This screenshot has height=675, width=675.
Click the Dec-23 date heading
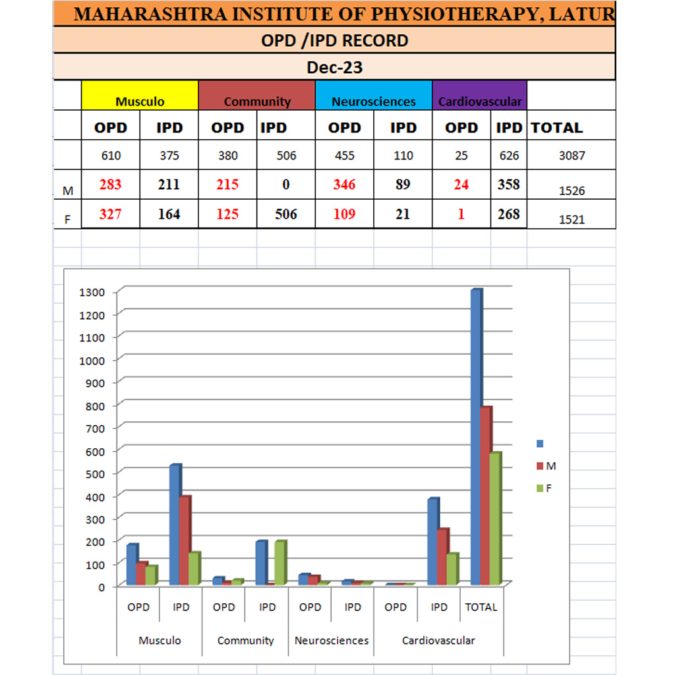tap(334, 67)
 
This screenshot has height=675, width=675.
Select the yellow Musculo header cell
tap(140, 102)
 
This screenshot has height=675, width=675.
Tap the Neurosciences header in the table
tap(374, 102)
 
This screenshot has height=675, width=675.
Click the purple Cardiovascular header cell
tap(480, 102)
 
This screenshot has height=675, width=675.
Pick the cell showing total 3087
tap(571, 156)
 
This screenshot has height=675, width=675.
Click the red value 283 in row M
tap(110, 185)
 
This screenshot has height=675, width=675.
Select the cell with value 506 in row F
tap(285, 214)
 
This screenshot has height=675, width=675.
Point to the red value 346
tap(344, 185)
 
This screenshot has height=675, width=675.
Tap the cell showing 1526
tap(572, 191)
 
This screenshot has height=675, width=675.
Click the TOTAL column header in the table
tap(557, 128)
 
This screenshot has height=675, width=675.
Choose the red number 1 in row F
tap(461, 214)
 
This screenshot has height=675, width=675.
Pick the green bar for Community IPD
tap(279, 563)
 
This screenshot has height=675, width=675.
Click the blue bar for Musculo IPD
tap(175, 525)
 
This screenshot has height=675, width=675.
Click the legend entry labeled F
tap(548, 488)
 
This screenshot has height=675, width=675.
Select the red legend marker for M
tap(540, 466)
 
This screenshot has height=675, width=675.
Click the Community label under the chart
tap(245, 640)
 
